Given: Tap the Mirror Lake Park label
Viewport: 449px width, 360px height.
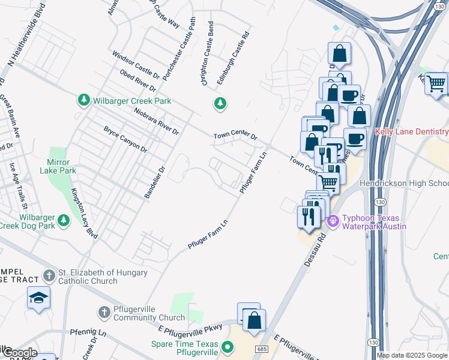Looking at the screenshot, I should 62,166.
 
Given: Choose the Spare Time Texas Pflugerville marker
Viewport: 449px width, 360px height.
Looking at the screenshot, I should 228,347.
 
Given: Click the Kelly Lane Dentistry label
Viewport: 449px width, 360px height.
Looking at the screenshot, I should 411,131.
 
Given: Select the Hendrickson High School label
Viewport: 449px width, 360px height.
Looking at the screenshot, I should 403,182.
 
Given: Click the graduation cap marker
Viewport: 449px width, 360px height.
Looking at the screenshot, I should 38,298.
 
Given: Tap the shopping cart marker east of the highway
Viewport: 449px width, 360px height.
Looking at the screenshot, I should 436,83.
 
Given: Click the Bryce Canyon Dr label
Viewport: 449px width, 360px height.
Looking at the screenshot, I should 125,139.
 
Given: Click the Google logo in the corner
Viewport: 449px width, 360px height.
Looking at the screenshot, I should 19,353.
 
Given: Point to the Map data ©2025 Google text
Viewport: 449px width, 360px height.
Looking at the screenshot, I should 412,355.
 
